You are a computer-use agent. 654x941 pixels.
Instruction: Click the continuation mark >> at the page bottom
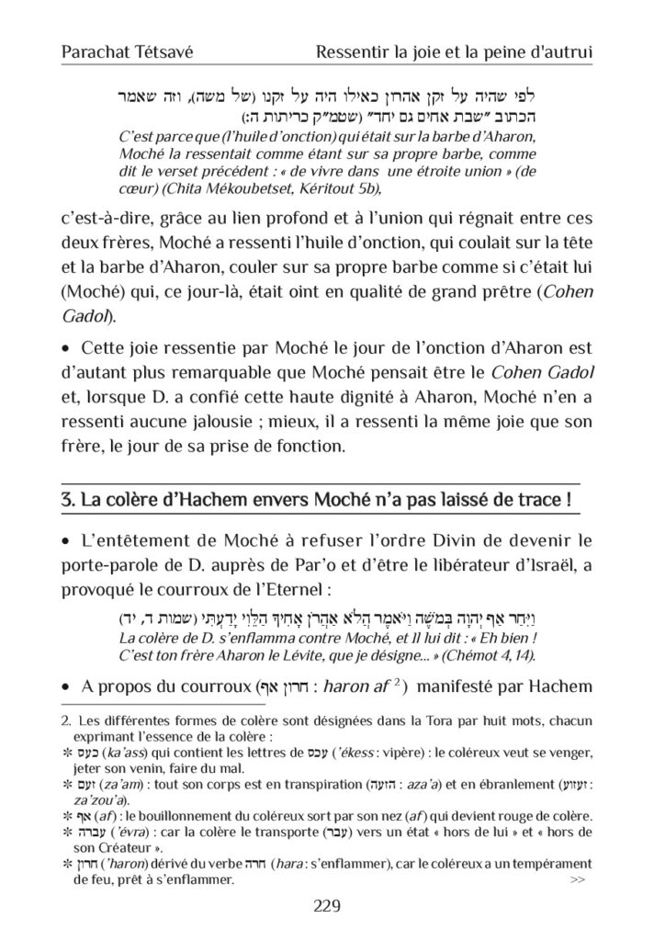coord(578,880)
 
